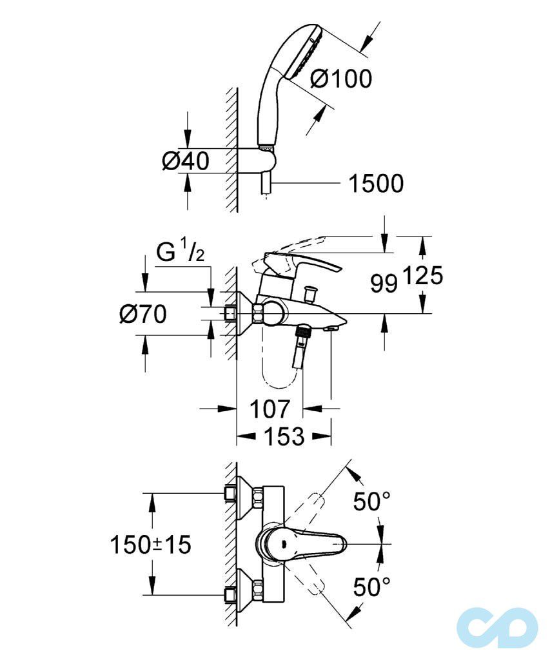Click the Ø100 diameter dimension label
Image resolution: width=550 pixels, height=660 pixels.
click(340, 79)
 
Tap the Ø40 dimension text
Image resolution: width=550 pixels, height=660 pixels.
click(185, 161)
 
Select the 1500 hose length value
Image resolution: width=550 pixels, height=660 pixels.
click(376, 184)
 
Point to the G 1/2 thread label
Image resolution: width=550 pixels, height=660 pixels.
click(181, 251)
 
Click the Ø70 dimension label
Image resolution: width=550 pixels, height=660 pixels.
click(143, 315)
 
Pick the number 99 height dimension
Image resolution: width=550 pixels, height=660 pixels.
click(384, 283)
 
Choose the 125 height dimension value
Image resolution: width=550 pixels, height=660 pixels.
click(423, 277)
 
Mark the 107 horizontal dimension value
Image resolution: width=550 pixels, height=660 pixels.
click(269, 409)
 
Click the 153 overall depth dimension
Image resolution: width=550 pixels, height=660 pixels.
click(284, 437)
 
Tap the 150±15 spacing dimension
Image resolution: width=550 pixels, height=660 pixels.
click(150, 545)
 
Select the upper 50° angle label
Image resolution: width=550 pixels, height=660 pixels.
click(372, 501)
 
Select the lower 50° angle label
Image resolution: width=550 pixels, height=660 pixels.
click(372, 587)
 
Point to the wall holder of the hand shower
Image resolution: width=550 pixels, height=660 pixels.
click(266, 157)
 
